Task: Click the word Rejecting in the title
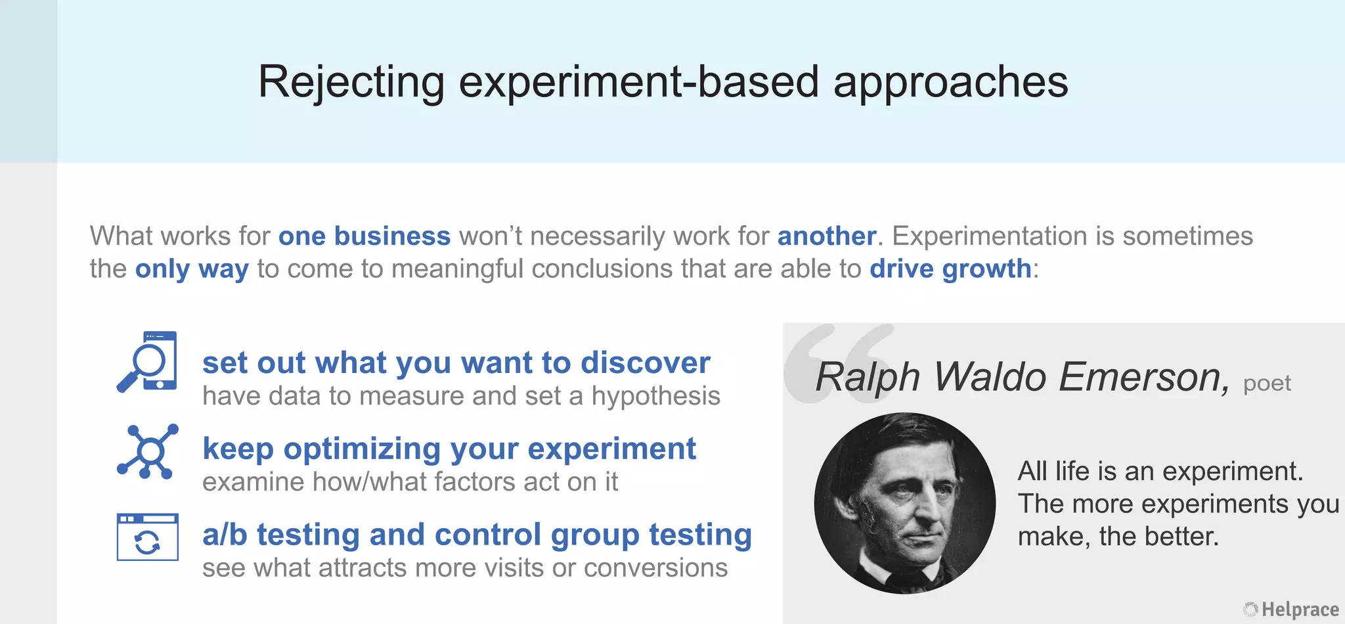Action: click(x=351, y=82)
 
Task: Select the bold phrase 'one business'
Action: click(x=364, y=236)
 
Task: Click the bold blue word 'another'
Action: click(x=826, y=236)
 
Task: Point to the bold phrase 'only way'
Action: click(x=192, y=269)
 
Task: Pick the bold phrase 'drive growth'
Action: click(x=950, y=269)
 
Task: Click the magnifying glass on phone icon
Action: click(x=147, y=362)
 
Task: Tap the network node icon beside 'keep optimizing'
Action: click(x=148, y=451)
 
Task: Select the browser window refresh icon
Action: click(x=148, y=537)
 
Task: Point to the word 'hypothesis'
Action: click(x=655, y=396)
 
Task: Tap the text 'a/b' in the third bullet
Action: click(x=224, y=535)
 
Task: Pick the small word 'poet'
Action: click(x=1267, y=383)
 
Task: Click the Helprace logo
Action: click(x=1291, y=610)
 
